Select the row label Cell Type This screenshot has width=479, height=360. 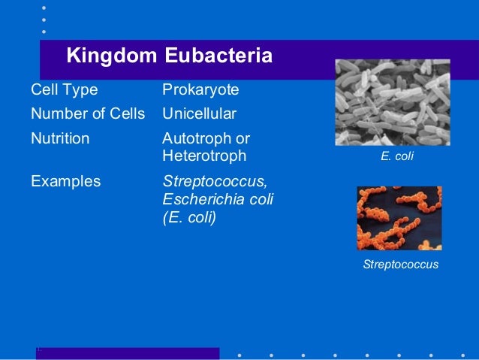point(64,90)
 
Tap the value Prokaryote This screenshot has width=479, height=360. point(200,90)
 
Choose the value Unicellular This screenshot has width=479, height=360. point(199,114)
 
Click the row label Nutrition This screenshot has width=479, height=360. point(60,139)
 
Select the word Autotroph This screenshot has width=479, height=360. point(193,139)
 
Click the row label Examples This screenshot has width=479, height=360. point(65,181)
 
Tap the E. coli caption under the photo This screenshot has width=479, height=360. point(398,158)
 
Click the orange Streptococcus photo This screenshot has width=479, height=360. point(399,218)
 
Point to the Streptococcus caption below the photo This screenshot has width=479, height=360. point(400,265)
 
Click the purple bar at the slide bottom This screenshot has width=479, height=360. point(128,353)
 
